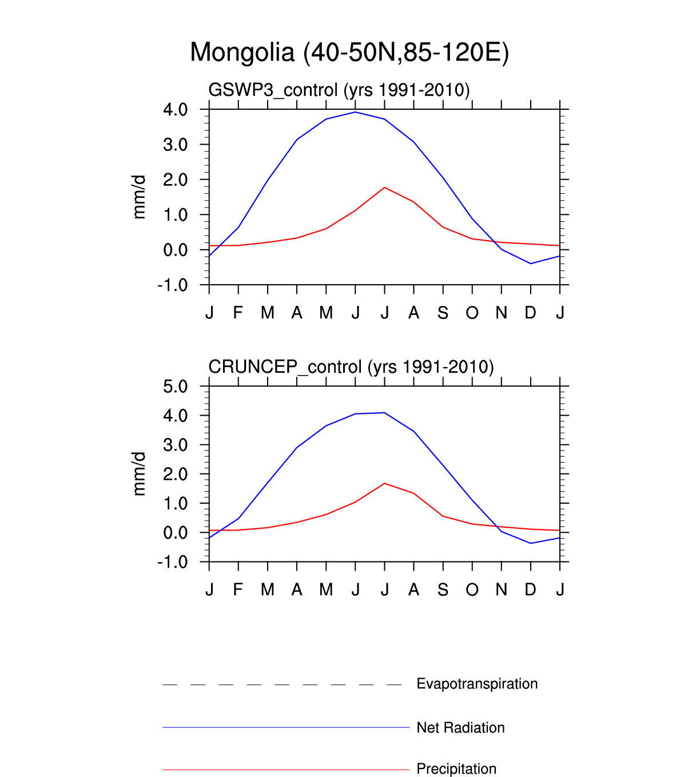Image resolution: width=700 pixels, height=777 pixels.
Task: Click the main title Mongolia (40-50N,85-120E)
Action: [349, 53]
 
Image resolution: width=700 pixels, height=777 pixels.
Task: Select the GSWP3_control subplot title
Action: [339, 90]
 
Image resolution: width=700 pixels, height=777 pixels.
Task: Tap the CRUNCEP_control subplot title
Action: [351, 366]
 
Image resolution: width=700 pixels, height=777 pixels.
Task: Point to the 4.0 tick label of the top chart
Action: [176, 109]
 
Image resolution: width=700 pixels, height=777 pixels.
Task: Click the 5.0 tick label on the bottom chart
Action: [176, 386]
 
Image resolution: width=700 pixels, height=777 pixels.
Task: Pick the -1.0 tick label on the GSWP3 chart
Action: [173, 285]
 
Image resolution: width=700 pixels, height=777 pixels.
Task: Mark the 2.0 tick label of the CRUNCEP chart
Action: [176, 474]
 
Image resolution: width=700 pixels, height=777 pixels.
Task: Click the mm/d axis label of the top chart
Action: [139, 197]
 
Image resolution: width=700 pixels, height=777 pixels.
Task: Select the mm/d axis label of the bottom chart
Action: [139, 473]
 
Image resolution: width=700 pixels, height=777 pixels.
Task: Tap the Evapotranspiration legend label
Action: [477, 684]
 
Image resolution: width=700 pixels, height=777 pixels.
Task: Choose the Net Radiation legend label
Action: [460, 728]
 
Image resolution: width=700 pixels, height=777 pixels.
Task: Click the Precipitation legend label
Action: [456, 769]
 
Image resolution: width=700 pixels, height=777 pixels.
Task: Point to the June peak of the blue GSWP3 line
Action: [356, 112]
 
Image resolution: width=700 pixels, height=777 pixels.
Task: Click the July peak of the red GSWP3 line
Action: [385, 188]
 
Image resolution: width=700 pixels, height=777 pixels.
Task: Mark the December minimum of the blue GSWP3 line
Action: [531, 264]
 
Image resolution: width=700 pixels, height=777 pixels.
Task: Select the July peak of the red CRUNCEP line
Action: [385, 484]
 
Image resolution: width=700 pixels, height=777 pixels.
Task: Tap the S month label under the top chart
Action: [443, 313]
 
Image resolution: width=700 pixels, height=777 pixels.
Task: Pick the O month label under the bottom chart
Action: [472, 589]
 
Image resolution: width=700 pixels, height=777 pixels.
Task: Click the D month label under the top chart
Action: [531, 313]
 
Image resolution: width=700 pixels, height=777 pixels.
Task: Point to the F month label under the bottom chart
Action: [238, 589]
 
